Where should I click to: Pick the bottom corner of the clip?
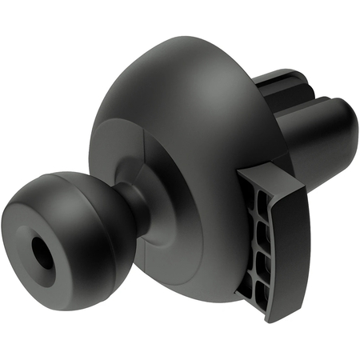268,318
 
